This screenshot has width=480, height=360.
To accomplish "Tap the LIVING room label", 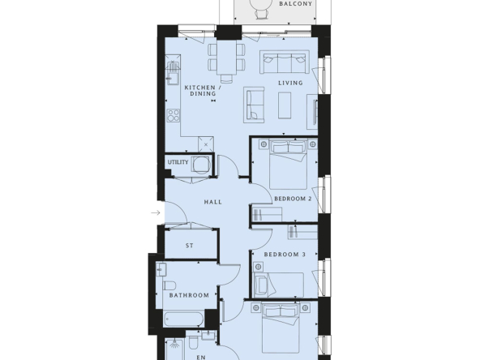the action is tap(290, 83).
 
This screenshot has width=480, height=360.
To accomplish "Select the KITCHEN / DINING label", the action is tap(203, 91).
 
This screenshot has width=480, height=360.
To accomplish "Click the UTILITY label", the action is tap(178, 162).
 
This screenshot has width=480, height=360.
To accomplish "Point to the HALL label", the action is tap(213, 202).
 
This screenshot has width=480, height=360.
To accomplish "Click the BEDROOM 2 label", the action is tap(293, 199).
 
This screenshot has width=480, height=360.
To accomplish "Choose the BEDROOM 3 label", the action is tap(285, 255).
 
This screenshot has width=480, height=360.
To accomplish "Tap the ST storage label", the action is tap(190, 246).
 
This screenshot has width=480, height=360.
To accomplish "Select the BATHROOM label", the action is tap(189, 295).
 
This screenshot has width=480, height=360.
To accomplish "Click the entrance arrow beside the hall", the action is tap(156, 212).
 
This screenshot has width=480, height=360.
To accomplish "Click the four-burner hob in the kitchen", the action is tap(174, 115).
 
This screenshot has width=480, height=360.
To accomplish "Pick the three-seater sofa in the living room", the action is tap(285, 62).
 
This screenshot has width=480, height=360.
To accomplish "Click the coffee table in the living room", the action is tap(285, 105).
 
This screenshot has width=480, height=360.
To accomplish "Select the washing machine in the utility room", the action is tap(201, 165).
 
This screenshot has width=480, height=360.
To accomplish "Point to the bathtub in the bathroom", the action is tap(184, 319).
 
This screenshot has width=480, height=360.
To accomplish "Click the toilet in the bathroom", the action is tap(169, 285).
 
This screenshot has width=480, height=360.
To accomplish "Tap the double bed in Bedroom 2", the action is tap(289, 165).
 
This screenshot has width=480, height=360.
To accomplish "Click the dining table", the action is tap(226, 58).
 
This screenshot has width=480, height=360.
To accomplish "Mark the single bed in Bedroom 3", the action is tap(279, 285).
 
